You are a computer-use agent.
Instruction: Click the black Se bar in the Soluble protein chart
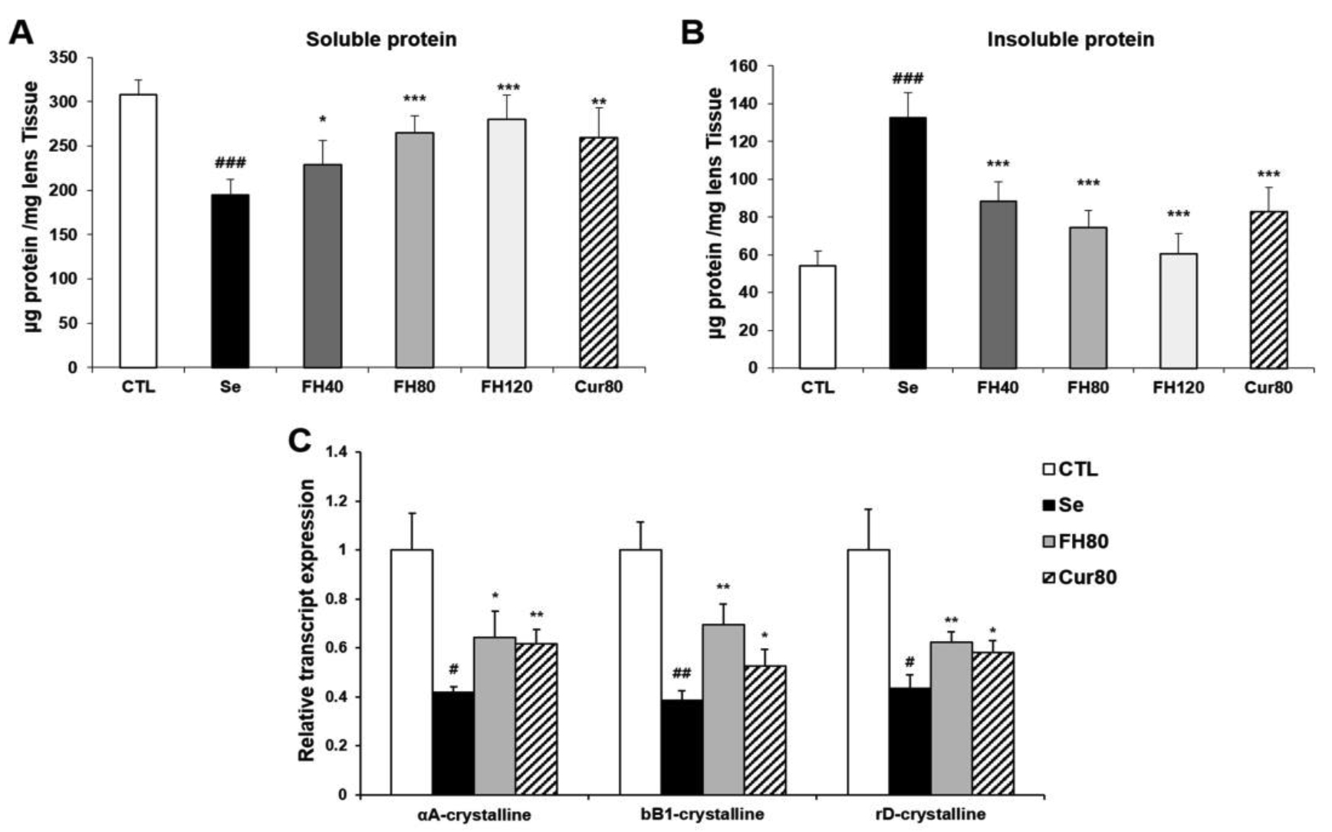coord(230,281)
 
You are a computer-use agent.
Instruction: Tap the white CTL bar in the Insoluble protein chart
coord(817,317)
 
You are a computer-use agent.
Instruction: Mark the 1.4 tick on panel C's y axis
coord(337,452)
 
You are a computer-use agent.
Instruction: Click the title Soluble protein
coord(381,39)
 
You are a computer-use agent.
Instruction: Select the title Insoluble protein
coord(1070,39)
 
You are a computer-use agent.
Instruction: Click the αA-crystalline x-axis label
coord(474,814)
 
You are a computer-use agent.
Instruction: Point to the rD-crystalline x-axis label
coord(930,814)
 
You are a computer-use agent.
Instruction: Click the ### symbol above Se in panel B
coord(907,79)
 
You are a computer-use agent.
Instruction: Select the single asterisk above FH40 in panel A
coord(323,120)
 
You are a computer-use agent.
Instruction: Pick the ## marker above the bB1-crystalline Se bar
coord(681,674)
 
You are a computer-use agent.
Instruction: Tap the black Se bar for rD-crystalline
coord(909,741)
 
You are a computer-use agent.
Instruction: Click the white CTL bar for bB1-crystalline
coord(640,672)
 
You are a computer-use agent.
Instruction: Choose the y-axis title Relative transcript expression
coord(307,620)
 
